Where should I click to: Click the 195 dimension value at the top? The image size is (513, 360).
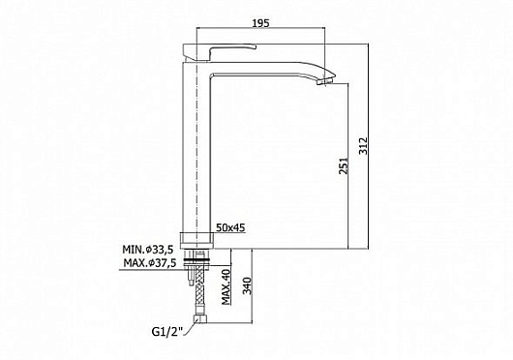point(257,21)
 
